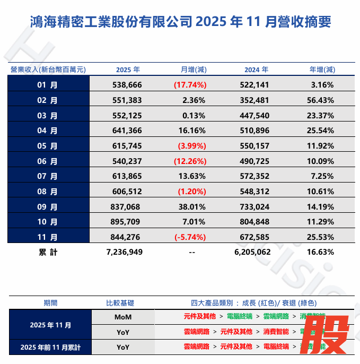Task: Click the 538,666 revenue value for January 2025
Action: click(x=127, y=85)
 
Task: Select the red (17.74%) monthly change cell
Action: click(x=190, y=85)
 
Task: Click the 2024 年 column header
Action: click(x=256, y=70)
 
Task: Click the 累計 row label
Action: click(x=48, y=252)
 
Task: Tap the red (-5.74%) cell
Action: click(x=190, y=238)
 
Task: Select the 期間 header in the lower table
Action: click(x=51, y=303)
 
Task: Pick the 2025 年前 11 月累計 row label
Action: click(x=51, y=347)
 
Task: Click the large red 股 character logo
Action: click(x=329, y=335)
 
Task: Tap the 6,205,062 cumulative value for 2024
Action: click(x=252, y=252)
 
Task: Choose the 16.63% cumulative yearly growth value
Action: click(x=321, y=252)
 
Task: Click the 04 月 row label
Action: click(x=48, y=131)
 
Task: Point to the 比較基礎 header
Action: click(x=120, y=303)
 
